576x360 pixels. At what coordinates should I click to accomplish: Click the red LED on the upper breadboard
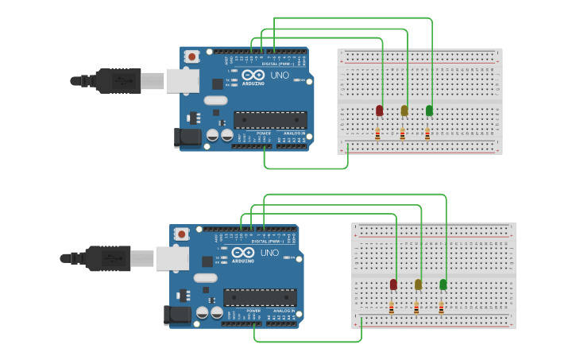tap(379, 110)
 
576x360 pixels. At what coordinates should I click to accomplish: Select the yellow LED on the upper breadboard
tap(404, 110)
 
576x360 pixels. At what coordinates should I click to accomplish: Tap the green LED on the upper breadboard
tap(429, 110)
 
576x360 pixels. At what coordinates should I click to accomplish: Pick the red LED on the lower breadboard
tap(393, 285)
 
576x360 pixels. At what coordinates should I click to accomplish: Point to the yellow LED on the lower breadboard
tap(418, 285)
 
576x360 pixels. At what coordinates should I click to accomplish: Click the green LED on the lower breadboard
tap(443, 285)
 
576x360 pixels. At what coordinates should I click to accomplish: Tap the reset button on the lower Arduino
tap(182, 234)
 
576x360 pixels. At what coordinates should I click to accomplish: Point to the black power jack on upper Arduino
tap(187, 137)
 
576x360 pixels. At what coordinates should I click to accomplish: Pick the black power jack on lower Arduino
tap(177, 315)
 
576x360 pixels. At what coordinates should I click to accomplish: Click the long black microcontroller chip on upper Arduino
tap(270, 120)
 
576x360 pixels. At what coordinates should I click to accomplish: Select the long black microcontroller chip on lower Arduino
tap(260, 297)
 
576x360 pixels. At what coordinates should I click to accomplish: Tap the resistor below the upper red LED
tap(377, 134)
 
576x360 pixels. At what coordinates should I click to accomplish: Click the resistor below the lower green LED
tap(441, 308)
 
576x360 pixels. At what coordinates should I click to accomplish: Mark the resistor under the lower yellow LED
tap(416, 308)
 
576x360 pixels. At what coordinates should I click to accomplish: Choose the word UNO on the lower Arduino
tap(269, 254)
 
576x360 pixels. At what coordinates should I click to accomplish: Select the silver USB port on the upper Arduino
tap(183, 79)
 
